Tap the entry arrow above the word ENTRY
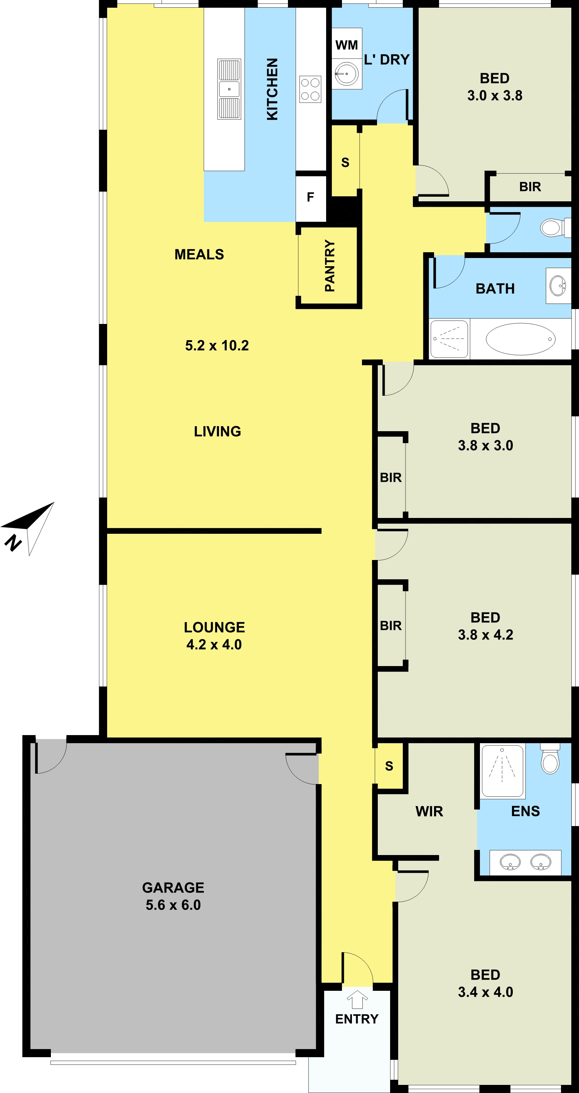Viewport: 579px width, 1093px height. tap(357, 999)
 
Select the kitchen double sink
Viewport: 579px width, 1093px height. tap(229, 89)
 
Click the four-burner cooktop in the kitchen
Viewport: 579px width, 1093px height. tap(310, 89)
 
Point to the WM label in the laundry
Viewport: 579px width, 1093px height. tap(347, 45)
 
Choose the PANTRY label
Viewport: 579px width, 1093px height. tap(330, 266)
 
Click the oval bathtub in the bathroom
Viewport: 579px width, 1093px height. tap(520, 339)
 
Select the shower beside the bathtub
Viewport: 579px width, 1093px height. tap(449, 339)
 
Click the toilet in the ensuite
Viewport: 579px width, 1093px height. tap(550, 759)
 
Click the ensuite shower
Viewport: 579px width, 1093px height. tap(503, 771)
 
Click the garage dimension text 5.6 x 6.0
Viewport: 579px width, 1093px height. tap(173, 905)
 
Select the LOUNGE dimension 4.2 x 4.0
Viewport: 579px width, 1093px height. tap(214, 644)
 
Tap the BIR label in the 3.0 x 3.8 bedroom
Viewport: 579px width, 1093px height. tap(530, 187)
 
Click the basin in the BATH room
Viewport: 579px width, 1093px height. tap(558, 285)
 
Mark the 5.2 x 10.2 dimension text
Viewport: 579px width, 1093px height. tap(217, 346)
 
